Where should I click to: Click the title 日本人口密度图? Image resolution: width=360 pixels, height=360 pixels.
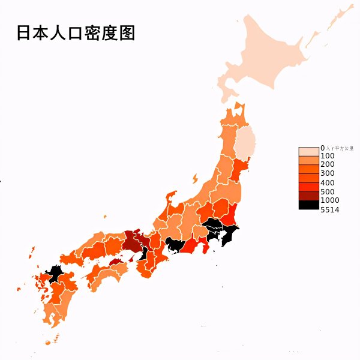[75, 33]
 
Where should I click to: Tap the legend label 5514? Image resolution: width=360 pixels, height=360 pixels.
[330, 209]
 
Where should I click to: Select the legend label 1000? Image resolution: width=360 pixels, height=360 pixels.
[330, 200]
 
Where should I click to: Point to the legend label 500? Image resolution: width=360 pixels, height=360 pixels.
[328, 191]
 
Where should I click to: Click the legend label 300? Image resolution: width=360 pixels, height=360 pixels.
[328, 173]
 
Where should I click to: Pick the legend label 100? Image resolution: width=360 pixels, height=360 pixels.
[328, 155]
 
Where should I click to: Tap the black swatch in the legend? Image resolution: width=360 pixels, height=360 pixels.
[309, 205]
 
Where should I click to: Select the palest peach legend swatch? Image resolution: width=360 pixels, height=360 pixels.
[309, 151]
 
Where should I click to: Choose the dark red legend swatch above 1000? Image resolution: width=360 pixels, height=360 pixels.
[309, 196]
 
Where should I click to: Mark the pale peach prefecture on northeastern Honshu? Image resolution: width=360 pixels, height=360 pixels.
[245, 144]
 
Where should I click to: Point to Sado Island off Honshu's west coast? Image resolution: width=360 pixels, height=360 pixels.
[194, 178]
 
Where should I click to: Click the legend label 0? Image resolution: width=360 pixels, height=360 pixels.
[322, 147]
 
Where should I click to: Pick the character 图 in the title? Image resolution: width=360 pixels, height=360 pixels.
[127, 33]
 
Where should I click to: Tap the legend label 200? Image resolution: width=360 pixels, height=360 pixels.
[328, 164]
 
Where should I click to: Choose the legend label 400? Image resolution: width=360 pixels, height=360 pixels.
[328, 182]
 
